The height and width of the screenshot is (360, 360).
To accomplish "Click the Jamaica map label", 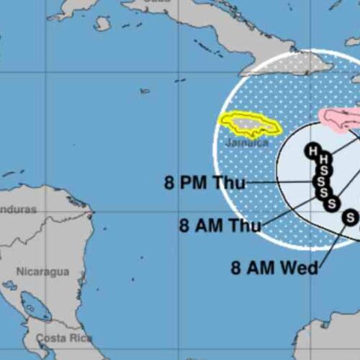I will (x=246, y=143).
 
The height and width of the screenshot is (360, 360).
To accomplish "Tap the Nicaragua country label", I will (x=43, y=271).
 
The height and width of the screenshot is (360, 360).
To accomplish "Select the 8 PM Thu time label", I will (x=204, y=184).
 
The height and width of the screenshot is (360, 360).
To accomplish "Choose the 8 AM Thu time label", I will (x=220, y=225).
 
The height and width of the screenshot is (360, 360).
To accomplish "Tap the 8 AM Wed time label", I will (x=274, y=269).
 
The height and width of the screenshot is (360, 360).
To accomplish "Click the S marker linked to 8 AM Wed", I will (x=350, y=216).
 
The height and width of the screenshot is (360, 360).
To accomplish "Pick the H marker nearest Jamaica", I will (x=312, y=150).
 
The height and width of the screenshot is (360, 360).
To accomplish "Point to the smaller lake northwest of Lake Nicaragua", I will (x=9, y=287).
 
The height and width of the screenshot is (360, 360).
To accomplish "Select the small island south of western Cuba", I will (x=102, y=24).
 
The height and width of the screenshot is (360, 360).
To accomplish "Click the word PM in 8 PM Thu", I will (x=194, y=184).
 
